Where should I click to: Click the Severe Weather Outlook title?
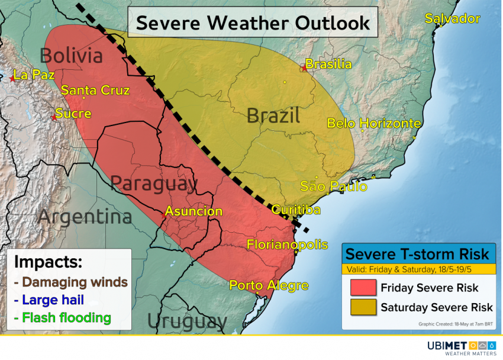pos(253,22)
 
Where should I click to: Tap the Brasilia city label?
pos(329,64)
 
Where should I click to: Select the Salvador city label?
pos(452,19)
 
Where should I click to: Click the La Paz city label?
pos(34,75)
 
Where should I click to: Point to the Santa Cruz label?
pos(95,91)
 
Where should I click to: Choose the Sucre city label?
pos(73,113)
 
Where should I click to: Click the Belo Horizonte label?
pos(374,123)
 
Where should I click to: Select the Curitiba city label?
pos(296,210)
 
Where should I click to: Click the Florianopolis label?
pos(287,245)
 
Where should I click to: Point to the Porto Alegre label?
pos(269,285)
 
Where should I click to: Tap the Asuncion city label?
pos(194,211)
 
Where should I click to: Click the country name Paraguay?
pos(154,184)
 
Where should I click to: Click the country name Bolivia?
pos(71,56)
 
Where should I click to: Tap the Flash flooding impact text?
pos(62,318)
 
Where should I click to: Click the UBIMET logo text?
pos(446,345)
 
